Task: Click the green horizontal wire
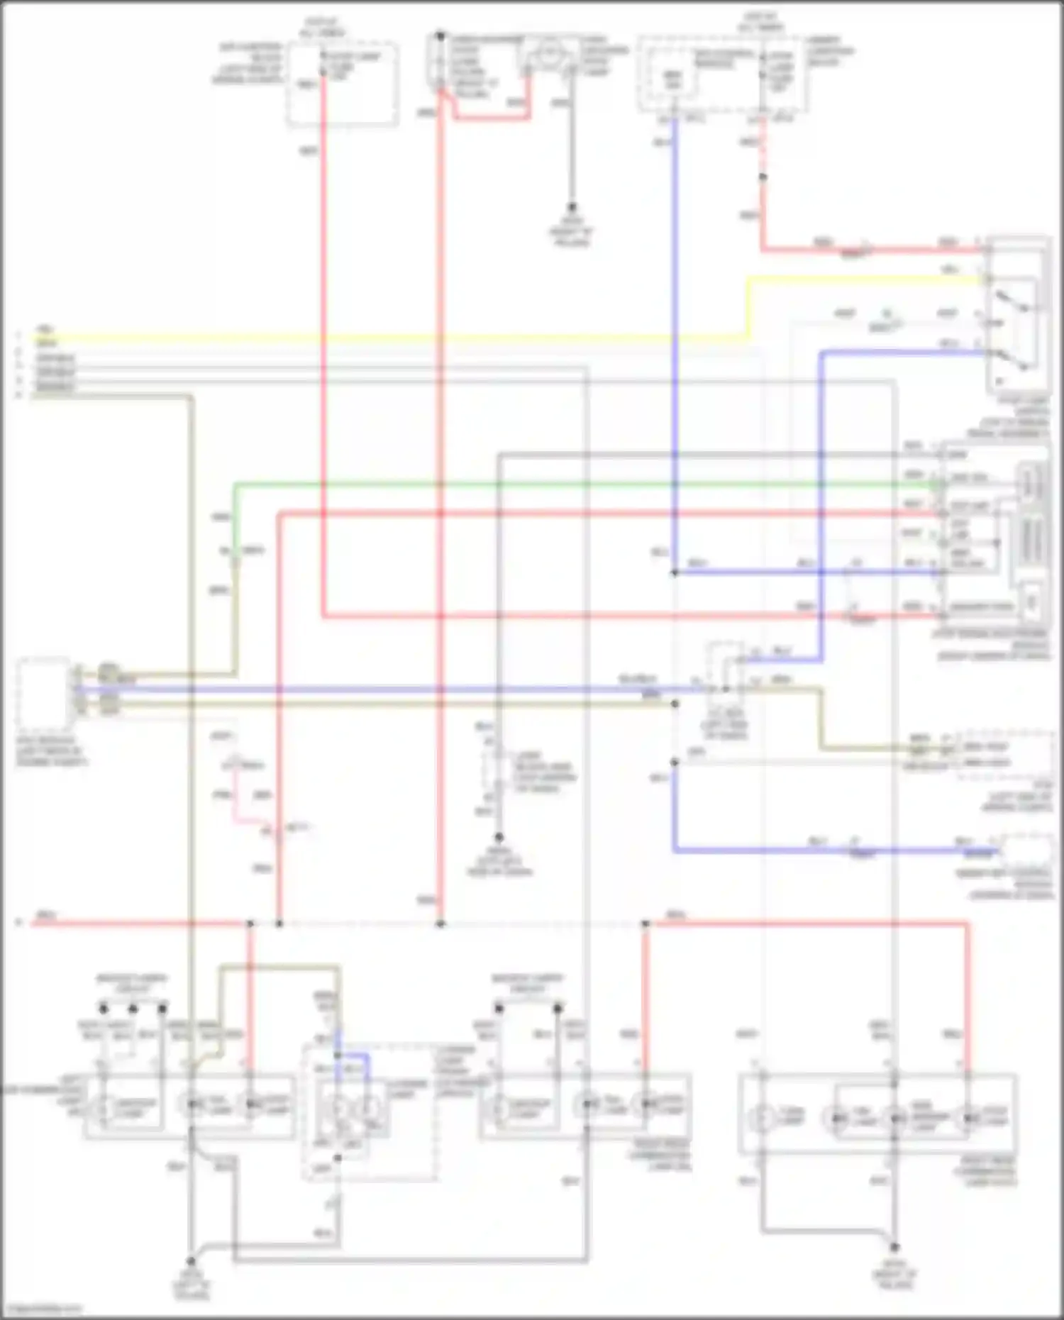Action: [567, 485]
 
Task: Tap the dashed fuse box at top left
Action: [342, 84]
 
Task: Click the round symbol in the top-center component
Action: [548, 52]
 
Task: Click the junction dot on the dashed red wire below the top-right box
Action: [763, 177]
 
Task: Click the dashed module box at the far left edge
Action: [43, 688]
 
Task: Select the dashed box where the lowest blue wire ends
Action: [1025, 850]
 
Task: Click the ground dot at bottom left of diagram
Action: [190, 1261]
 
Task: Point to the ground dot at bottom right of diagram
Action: [894, 1247]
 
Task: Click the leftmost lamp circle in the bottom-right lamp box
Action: [763, 1119]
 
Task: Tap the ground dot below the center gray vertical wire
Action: [499, 838]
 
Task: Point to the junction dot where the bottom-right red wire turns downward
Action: [645, 924]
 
